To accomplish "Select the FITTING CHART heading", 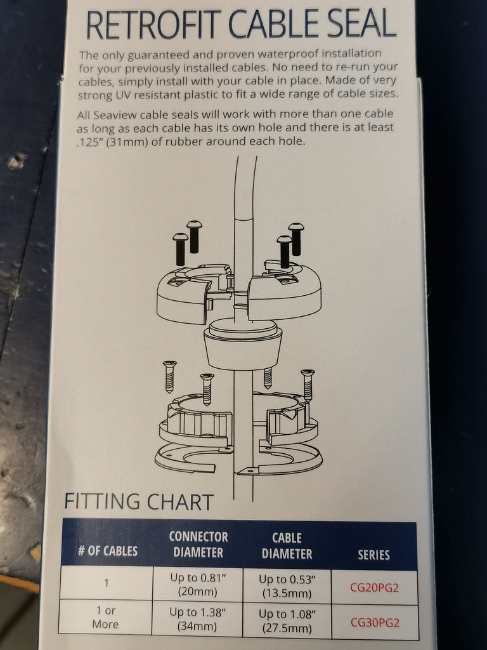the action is click(139, 501).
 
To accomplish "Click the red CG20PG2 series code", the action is click(374, 588).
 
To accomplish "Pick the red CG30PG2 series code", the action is click(375, 623).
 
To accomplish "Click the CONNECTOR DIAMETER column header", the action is click(198, 544).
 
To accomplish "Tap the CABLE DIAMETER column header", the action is click(287, 546).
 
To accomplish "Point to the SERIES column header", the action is click(373, 555).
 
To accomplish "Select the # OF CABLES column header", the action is click(108, 551).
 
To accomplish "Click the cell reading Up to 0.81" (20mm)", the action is click(198, 585).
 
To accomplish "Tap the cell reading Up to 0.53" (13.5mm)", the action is click(287, 586).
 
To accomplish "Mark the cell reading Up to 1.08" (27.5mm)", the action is click(287, 621).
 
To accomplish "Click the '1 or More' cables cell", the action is click(106, 617).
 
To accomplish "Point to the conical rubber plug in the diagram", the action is click(243, 344).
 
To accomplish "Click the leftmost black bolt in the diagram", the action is click(180, 249).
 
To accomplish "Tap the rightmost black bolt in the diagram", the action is click(296, 239).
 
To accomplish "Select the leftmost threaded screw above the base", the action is click(169, 376).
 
